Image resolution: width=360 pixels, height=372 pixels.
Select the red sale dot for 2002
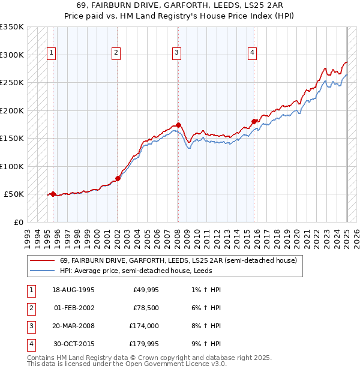(118, 178)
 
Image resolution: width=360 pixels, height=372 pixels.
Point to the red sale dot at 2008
(179, 125)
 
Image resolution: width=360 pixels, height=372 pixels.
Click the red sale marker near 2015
(254, 121)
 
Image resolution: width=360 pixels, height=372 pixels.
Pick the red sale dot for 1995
(53, 194)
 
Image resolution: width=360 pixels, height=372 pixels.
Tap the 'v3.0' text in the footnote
(218, 363)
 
